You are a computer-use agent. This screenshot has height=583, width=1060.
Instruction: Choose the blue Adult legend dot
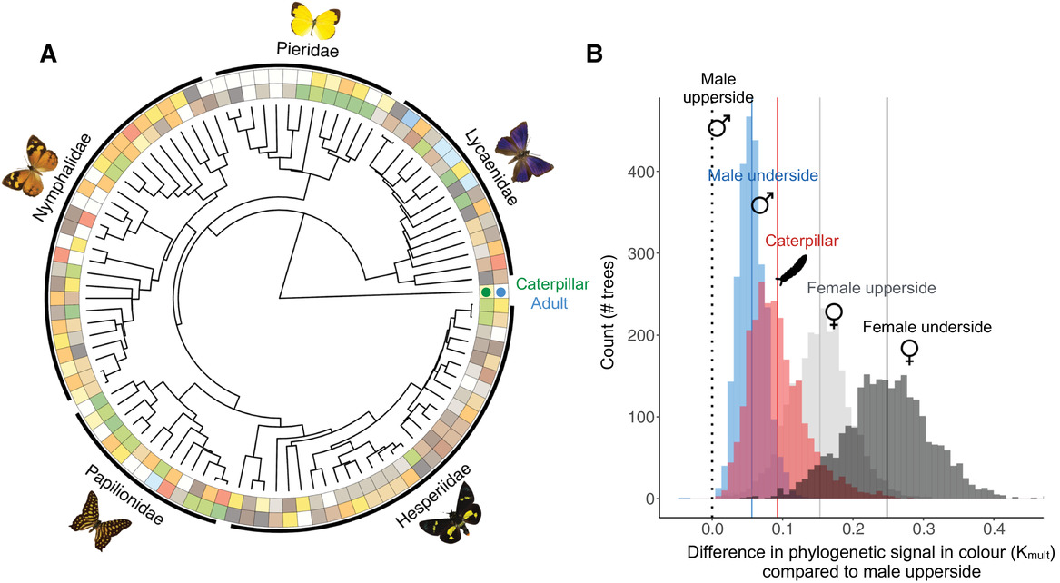500,291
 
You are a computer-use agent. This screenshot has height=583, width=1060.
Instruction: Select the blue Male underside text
763,174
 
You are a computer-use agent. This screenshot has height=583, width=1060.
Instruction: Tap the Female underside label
926,326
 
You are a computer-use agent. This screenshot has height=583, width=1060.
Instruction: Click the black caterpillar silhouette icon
791,269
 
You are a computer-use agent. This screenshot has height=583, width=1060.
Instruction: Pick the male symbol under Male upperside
719,126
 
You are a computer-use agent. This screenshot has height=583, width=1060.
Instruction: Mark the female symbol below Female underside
909,351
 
